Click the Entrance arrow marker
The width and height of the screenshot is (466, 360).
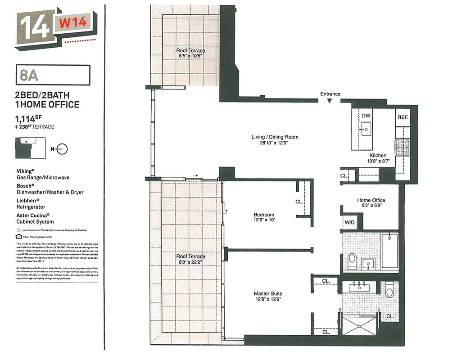coord(330,101)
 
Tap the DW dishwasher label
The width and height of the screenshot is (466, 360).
coord(366,116)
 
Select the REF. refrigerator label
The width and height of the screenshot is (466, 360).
coord(403,117)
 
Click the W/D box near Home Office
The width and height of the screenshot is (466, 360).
coord(349,222)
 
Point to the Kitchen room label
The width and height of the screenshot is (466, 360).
coord(378,156)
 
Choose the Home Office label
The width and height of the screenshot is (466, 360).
coord(371,200)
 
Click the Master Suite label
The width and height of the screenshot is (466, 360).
coord(268,294)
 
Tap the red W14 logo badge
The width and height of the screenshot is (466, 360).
coord(72,22)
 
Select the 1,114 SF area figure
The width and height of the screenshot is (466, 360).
coord(32,119)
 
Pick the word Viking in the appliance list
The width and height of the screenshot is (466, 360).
coord(25,171)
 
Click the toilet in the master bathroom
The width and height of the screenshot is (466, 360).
coord(389,289)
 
